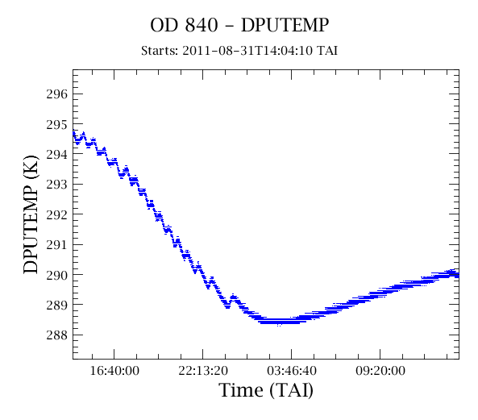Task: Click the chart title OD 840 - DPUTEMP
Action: click(239, 25)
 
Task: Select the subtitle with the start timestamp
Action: click(239, 51)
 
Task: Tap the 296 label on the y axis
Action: click(57, 94)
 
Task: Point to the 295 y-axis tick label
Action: click(57, 124)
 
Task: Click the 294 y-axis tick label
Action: click(57, 154)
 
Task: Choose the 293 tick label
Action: click(57, 185)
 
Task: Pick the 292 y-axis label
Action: click(57, 214)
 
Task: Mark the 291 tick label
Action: click(57, 244)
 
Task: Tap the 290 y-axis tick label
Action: click(57, 275)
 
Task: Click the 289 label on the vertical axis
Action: click(57, 305)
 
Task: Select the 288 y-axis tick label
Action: click(57, 335)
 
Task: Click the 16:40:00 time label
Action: click(114, 371)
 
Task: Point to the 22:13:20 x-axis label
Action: click(203, 371)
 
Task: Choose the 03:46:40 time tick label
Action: click(292, 371)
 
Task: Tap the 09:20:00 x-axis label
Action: click(380, 371)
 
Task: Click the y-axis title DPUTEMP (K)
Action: click(31, 214)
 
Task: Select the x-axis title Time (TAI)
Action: click(266, 390)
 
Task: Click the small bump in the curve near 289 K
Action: click(234, 299)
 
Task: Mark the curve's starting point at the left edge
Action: click(74, 132)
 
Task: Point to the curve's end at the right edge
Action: click(458, 275)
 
